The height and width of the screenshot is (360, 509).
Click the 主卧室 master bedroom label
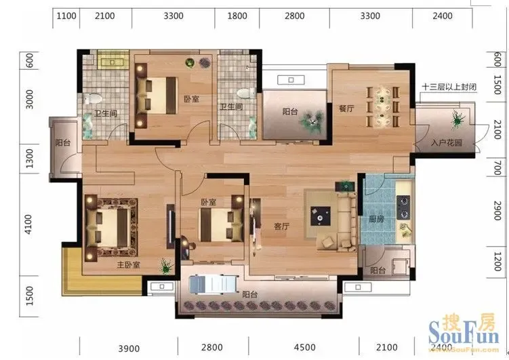(x=129, y=265)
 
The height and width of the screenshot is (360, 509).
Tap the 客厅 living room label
(x=281, y=226)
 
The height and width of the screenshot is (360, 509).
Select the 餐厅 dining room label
(x=346, y=108)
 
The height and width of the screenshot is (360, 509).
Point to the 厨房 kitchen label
(x=376, y=219)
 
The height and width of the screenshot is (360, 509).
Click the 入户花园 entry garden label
(x=447, y=142)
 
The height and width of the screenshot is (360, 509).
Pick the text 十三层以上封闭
(x=449, y=87)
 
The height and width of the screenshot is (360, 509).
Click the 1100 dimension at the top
(x=66, y=16)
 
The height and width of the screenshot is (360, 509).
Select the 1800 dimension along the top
(x=237, y=16)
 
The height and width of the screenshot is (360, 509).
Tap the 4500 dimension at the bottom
(x=304, y=347)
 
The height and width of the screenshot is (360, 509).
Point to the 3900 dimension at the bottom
(x=129, y=348)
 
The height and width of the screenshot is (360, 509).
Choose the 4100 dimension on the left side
(x=28, y=224)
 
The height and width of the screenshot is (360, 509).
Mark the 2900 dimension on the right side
(x=497, y=211)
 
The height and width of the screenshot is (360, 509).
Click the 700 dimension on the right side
(x=497, y=167)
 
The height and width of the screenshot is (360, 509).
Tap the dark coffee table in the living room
(x=321, y=216)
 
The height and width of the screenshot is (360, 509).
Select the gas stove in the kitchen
(x=403, y=207)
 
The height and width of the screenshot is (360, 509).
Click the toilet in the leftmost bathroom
(x=91, y=98)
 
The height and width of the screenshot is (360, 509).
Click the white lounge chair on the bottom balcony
(x=213, y=284)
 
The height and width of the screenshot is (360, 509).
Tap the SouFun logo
(x=464, y=332)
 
